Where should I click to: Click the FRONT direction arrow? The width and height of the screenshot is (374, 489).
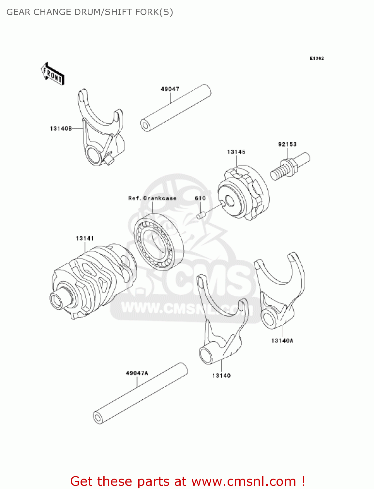(52, 74)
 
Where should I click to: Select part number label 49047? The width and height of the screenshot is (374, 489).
(170, 89)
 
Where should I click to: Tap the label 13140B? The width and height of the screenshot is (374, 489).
(61, 128)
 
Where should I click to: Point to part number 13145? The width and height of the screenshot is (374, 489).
(236, 152)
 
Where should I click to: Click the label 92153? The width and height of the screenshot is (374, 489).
(287, 144)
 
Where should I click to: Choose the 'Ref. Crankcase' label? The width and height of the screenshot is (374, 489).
(152, 198)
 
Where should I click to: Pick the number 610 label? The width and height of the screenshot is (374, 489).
(200, 198)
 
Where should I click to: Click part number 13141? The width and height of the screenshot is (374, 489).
(85, 238)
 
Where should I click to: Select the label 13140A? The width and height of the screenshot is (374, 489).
(282, 341)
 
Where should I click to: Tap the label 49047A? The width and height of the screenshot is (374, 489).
(137, 373)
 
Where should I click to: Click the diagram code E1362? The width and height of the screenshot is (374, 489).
(317, 58)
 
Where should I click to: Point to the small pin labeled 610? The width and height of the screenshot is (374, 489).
(201, 215)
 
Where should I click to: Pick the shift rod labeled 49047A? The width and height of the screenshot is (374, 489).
(140, 393)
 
